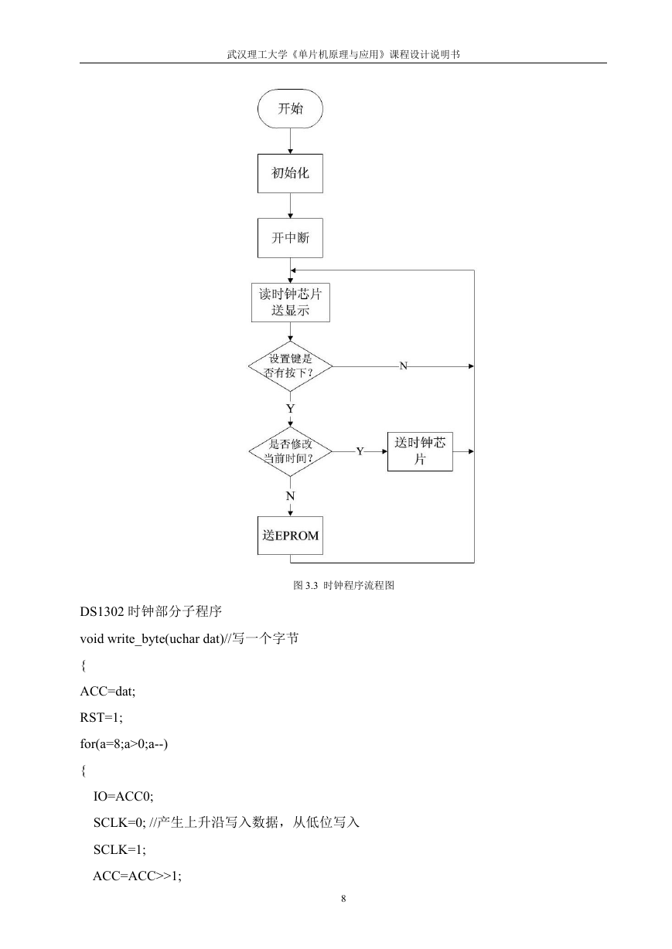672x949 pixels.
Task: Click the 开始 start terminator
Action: [290, 108]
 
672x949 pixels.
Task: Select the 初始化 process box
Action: [290, 173]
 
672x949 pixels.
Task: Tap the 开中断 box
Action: [290, 238]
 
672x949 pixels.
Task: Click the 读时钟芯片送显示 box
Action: [291, 302]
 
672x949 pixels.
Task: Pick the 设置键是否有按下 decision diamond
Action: [291, 366]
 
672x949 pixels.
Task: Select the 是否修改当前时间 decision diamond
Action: [291, 451]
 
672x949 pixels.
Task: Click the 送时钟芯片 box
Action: [420, 451]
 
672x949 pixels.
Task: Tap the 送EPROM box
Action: [290, 536]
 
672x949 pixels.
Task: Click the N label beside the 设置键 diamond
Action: [403, 366]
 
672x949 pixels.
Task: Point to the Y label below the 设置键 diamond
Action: [291, 409]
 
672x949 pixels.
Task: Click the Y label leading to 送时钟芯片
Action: [360, 451]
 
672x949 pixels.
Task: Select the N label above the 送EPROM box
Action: [291, 496]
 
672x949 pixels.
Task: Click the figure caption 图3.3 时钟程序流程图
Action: [343, 586]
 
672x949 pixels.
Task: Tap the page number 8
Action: [343, 899]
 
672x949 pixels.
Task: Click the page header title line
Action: [343, 55]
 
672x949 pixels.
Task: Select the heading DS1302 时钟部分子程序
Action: [151, 611]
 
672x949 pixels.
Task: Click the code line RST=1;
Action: [101, 717]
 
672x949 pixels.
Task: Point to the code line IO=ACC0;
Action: [124, 797]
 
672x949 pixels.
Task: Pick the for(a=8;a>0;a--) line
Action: [124, 744]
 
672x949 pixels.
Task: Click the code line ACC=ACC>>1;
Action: [138, 876]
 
